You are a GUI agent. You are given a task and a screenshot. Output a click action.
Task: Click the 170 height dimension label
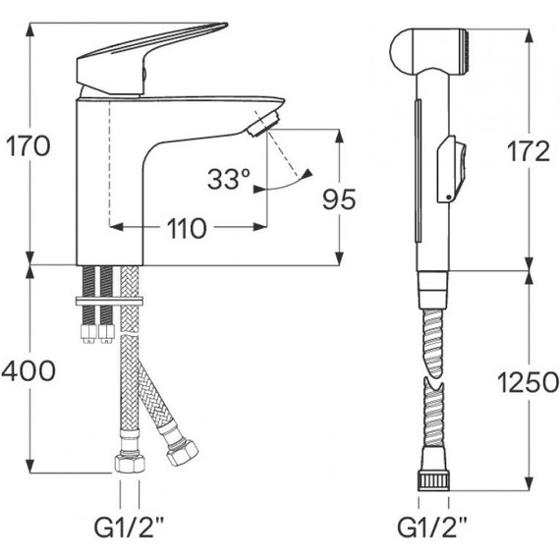28,147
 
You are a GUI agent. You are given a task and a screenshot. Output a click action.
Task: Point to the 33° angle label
229,179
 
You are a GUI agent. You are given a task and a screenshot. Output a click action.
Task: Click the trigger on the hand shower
449,169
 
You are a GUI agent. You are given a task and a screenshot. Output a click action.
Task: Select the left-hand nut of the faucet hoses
128,463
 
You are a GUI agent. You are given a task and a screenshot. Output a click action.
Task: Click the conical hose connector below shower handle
432,288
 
